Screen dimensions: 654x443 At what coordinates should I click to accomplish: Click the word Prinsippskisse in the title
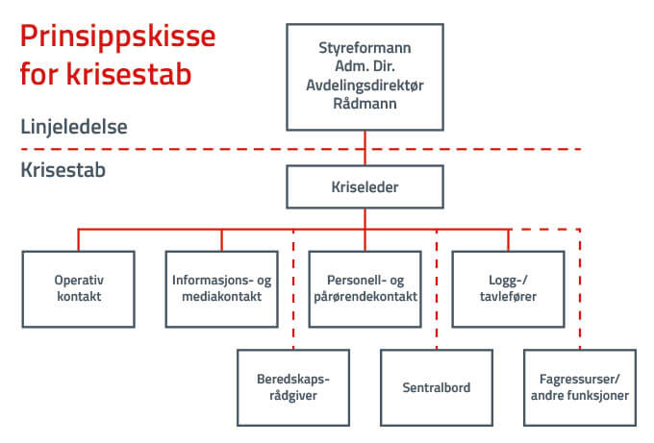(117, 37)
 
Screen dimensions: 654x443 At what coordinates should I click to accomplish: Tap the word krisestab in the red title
(129, 74)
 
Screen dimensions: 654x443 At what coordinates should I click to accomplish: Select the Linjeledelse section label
(74, 127)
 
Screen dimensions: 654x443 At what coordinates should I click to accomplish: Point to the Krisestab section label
(63, 170)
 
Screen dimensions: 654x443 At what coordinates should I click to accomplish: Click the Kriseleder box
(365, 186)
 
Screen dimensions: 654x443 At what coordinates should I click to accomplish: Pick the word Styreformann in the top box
(365, 48)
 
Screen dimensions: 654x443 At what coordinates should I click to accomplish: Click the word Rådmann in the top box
(365, 104)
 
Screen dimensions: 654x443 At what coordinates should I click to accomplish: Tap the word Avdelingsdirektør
(365, 85)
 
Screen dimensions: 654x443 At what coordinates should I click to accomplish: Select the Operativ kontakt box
(79, 289)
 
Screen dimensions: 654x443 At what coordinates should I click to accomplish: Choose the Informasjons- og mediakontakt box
(222, 289)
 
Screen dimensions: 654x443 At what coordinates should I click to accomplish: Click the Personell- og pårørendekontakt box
(365, 289)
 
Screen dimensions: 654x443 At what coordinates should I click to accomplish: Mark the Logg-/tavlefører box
(509, 289)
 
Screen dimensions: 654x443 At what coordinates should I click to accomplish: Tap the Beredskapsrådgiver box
(293, 387)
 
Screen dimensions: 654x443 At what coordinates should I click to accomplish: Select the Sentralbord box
(437, 387)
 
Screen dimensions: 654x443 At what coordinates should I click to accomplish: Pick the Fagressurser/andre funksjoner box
(580, 387)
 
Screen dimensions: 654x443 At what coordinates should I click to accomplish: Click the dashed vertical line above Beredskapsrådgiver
(293, 289)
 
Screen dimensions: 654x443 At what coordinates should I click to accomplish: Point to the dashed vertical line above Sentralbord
(437, 289)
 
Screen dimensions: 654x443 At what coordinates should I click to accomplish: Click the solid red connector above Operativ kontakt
(79, 240)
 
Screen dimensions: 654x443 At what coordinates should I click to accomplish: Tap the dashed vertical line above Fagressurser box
(580, 289)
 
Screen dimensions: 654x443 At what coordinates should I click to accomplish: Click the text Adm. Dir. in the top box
(365, 66)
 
